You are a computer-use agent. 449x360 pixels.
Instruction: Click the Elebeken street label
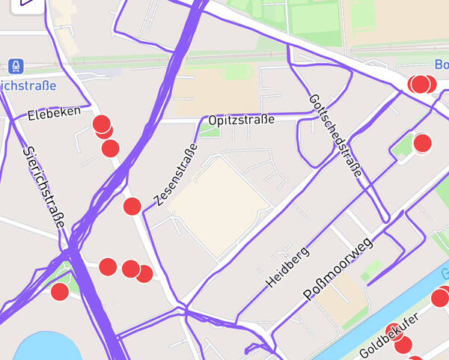(53, 115)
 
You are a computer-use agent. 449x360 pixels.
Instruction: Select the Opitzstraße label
(242, 120)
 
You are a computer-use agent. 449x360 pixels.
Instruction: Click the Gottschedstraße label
(335, 136)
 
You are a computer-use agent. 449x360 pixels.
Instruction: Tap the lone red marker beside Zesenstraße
(132, 207)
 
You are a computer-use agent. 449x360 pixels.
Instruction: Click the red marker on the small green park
(59, 291)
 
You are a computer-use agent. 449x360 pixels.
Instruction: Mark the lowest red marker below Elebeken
(110, 148)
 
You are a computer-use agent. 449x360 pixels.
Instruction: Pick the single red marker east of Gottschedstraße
(422, 143)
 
